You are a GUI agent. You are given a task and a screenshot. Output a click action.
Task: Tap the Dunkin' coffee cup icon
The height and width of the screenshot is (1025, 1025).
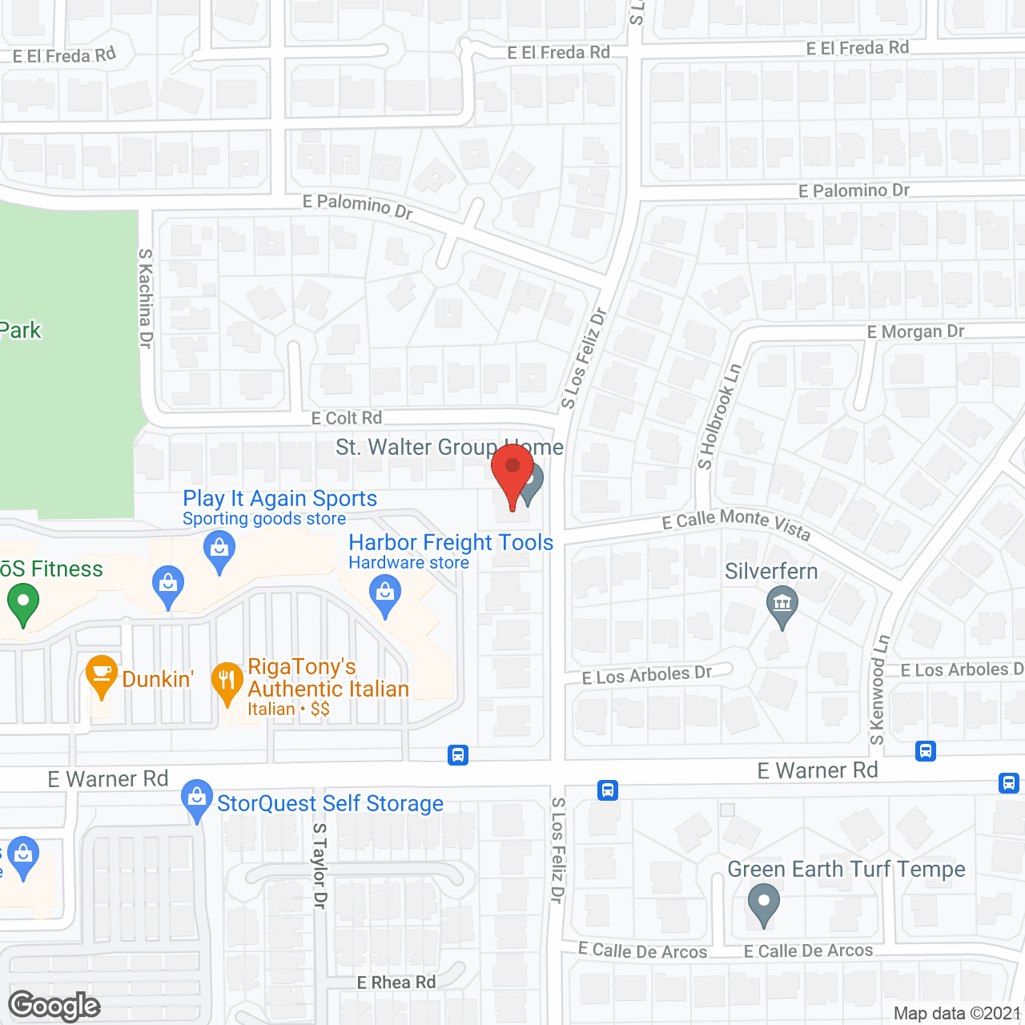coord(101,675)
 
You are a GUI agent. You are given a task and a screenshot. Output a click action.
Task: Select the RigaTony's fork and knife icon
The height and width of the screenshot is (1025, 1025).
coord(227,681)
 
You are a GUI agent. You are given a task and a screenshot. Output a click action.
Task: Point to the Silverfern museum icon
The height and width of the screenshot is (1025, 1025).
coord(782,605)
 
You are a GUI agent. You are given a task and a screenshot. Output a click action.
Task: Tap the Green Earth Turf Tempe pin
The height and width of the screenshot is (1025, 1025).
coord(763,903)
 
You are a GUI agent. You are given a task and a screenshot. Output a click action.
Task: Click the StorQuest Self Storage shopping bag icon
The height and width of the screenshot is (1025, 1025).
coord(196,799)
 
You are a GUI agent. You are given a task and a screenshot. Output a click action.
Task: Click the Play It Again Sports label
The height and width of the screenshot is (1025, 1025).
coord(279,498)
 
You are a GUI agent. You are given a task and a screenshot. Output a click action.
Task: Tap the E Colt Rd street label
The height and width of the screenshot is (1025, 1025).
coord(347,418)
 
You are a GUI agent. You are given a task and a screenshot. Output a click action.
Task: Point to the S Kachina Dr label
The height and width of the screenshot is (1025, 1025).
coord(145,298)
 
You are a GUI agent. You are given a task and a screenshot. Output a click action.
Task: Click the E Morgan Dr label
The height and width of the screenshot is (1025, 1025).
coord(915,332)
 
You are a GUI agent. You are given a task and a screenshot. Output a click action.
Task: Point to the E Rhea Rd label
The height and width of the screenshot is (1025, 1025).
coord(396,983)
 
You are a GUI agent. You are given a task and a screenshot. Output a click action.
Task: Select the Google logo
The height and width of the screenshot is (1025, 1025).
coord(54,1006)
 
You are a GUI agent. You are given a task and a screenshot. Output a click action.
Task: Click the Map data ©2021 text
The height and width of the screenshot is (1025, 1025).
coord(957,1014)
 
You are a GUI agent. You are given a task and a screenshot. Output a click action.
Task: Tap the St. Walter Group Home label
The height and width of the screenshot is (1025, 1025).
coord(449,447)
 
